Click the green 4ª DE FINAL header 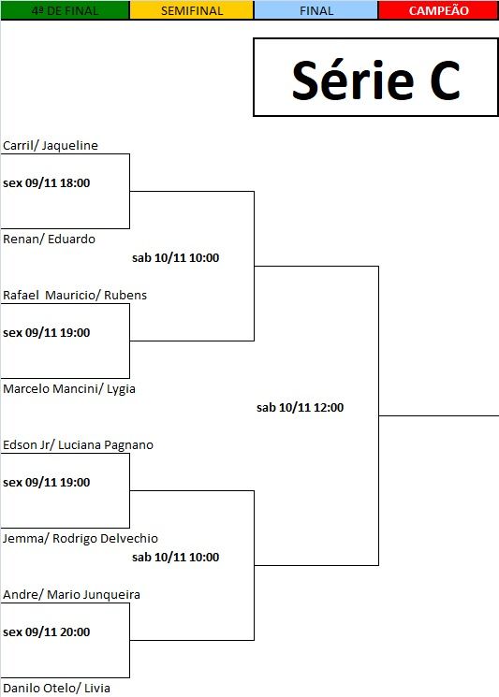[65, 10]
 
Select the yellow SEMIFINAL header [192, 10]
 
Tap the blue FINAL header [316, 10]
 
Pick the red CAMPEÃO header [438, 10]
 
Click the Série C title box [375, 78]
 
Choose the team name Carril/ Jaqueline [51, 145]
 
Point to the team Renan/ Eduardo [49, 240]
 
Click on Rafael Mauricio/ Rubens [75, 295]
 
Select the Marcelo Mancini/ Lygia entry [69, 389]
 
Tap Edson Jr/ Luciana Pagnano [78, 445]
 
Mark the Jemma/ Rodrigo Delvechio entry [81, 539]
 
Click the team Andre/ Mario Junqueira [71, 595]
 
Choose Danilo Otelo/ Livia [56, 688]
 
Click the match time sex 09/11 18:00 [46, 183]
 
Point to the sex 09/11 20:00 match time [46, 632]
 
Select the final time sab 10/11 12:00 [301, 408]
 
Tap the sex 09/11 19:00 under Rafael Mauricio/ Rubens [46, 333]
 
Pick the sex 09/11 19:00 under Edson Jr [46, 483]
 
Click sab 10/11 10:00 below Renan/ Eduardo [176, 258]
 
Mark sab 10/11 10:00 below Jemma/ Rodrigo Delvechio [176, 558]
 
